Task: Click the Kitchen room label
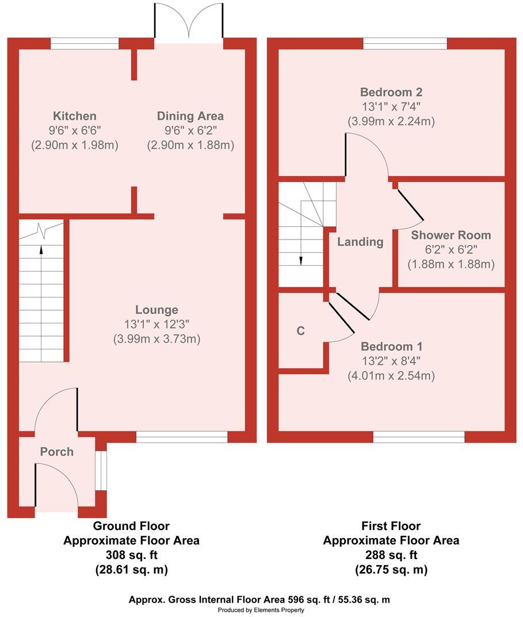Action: coord(74,116)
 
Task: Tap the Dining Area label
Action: coord(190,116)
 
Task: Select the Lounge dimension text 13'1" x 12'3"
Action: coord(156,325)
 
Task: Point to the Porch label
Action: coord(56,452)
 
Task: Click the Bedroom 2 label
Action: coord(391,92)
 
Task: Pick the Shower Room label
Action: coord(451,235)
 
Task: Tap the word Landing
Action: coord(360,242)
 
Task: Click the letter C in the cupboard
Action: coord(300,331)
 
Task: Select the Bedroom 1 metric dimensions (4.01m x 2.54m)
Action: coord(391,376)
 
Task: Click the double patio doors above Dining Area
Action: coord(189,23)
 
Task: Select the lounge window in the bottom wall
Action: coord(182,437)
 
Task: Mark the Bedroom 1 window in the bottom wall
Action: coord(419,437)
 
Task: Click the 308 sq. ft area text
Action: coord(131,555)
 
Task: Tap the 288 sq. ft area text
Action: coord(391,555)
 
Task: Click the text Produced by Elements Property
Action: coord(261,610)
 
